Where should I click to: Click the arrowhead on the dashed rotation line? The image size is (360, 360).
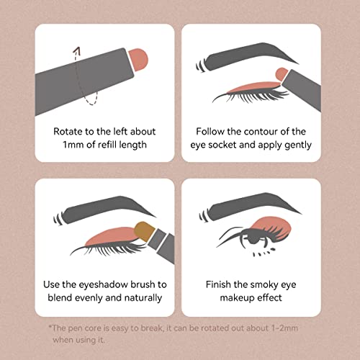(77, 50)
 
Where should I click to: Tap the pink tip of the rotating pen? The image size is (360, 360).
(138, 60)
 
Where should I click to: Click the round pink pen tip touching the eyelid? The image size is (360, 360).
(282, 74)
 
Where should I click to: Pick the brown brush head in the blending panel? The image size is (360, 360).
(144, 231)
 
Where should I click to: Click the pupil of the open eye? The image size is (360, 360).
(252, 237)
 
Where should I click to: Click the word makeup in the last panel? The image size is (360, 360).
(234, 298)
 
